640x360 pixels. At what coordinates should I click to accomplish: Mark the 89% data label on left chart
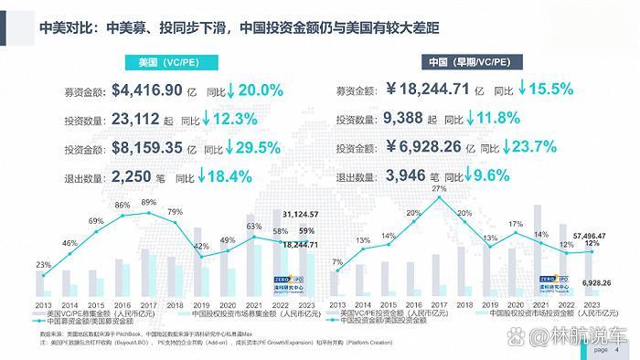click(x=148, y=203)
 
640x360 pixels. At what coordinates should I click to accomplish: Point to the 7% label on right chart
click(x=338, y=263)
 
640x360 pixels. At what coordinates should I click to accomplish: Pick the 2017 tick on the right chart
click(x=439, y=304)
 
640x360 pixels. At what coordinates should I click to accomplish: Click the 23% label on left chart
click(x=43, y=265)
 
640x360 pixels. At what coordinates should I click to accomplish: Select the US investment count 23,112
click(x=138, y=119)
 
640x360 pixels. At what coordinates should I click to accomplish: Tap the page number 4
click(x=617, y=350)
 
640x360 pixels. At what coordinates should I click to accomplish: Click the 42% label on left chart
click(x=201, y=246)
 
